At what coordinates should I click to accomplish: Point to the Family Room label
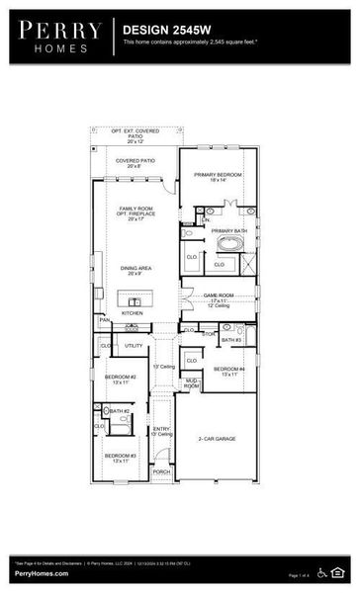tap(135, 213)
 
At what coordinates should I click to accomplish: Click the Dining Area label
tap(135, 269)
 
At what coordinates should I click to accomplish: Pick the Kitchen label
tap(132, 312)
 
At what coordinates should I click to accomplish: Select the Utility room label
tap(134, 346)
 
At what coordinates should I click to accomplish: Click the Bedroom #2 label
tap(121, 379)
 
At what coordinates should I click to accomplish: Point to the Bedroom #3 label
tap(121, 457)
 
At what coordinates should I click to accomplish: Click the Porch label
tap(161, 471)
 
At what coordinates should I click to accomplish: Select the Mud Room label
tap(191, 382)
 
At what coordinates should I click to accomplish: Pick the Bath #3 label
tap(231, 340)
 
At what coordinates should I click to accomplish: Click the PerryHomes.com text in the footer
tap(41, 573)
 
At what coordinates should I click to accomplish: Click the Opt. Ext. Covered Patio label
tap(135, 134)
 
